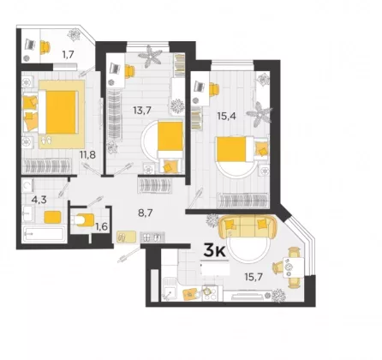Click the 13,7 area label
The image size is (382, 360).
(142, 110)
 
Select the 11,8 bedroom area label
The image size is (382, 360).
(87, 155)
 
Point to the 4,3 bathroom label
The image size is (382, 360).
(39, 200)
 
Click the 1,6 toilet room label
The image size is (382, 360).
(101, 227)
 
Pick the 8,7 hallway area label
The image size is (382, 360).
(146, 213)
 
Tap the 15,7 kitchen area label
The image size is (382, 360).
(254, 277)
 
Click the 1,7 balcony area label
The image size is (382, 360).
(69, 54)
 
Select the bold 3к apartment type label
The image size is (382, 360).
(214, 250)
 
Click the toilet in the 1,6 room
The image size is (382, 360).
(84, 220)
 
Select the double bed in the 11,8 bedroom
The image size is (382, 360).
(58, 112)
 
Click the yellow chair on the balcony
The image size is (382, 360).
(45, 47)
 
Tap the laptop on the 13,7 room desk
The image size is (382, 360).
(116, 69)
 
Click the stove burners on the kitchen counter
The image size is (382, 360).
(210, 293)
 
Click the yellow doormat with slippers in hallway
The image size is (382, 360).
(126, 237)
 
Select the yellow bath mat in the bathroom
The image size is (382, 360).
(52, 217)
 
